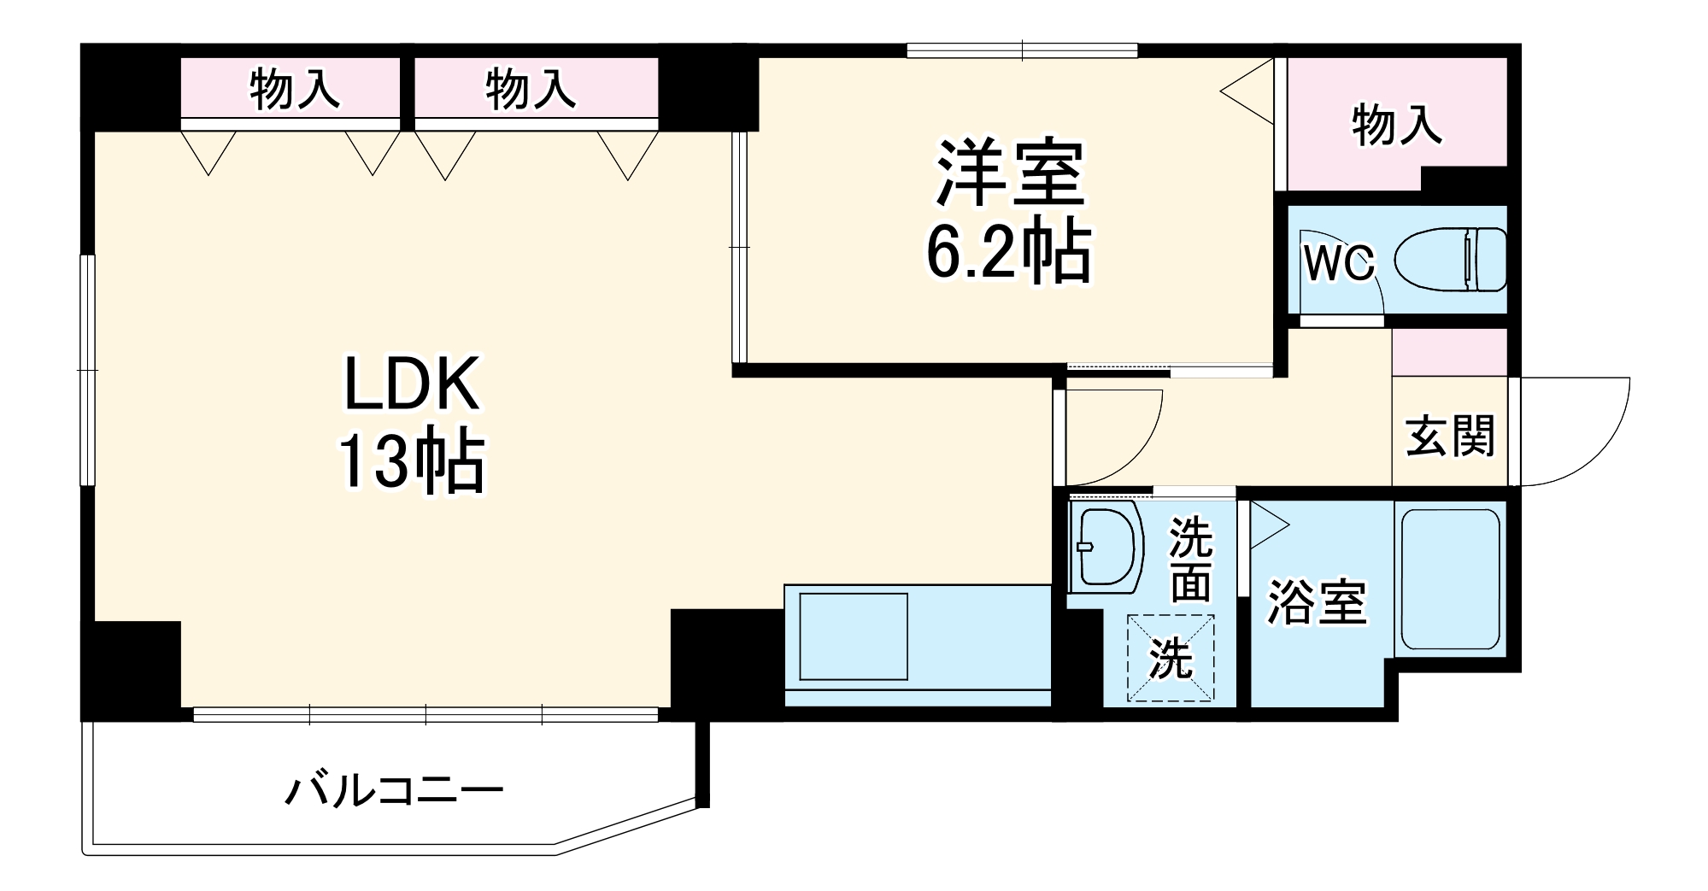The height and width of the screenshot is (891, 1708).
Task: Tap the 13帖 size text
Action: [412, 462]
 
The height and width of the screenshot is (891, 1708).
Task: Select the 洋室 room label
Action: [1010, 173]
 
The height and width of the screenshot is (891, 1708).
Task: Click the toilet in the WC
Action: [1451, 259]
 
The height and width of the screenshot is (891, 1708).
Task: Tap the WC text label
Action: [1338, 263]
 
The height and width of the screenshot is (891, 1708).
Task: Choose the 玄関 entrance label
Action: [1450, 436]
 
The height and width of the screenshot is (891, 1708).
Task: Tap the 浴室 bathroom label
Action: [1317, 602]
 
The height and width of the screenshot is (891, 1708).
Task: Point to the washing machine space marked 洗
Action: [1171, 658]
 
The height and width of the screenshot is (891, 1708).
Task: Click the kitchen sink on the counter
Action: [853, 636]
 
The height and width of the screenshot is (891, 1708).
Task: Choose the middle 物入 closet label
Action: [531, 89]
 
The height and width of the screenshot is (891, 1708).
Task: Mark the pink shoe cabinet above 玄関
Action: [1449, 352]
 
